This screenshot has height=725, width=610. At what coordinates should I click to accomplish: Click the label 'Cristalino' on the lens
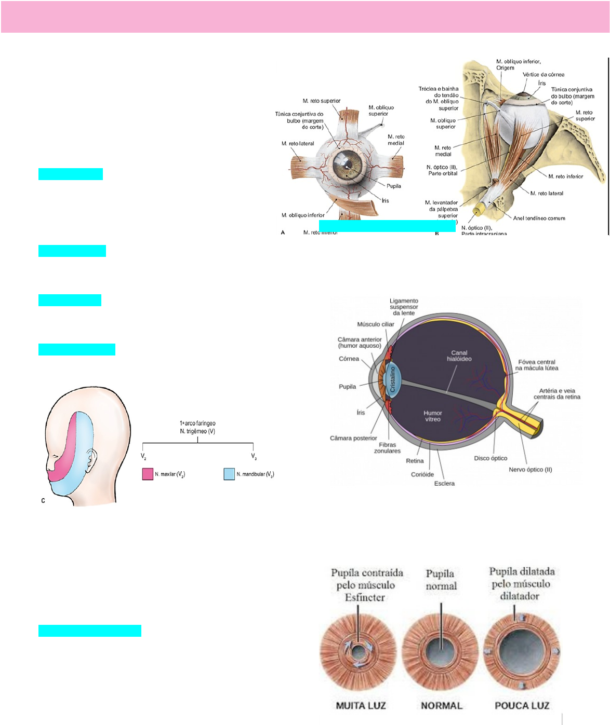(x=393, y=379)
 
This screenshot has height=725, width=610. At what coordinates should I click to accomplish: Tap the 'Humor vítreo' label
(x=432, y=416)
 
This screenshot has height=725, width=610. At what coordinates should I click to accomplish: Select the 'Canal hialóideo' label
(x=459, y=356)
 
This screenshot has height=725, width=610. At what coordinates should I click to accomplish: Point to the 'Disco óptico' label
(x=490, y=458)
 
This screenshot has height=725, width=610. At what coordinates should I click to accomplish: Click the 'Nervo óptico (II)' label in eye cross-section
(x=530, y=470)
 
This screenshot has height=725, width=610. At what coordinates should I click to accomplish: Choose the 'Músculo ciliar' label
(x=376, y=324)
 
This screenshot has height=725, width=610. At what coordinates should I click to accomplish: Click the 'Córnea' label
(x=349, y=359)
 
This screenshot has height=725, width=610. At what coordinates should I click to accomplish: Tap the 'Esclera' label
(x=444, y=484)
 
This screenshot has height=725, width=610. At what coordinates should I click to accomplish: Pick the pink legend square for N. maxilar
(x=148, y=474)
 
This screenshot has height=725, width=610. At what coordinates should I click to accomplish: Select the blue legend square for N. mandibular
(x=229, y=474)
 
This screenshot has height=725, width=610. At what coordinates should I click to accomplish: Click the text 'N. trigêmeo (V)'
(x=197, y=431)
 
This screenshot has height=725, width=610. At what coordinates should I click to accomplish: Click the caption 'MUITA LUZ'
(x=361, y=706)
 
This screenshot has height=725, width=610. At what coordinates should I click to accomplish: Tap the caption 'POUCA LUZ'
(x=522, y=706)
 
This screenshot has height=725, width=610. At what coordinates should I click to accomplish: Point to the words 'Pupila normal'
(x=441, y=580)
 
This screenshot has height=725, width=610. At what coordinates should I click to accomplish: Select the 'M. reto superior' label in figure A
(x=322, y=101)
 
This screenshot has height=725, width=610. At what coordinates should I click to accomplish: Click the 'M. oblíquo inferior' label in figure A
(x=303, y=215)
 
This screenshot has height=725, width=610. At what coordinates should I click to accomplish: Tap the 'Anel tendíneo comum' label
(x=539, y=218)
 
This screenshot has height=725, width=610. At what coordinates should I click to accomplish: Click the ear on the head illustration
(x=92, y=458)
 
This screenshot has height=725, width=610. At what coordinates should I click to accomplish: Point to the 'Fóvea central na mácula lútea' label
(x=537, y=365)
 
